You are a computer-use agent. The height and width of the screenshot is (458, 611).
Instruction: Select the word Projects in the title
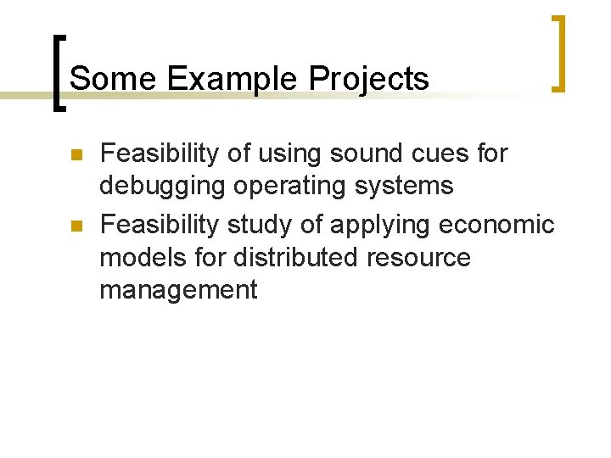369,79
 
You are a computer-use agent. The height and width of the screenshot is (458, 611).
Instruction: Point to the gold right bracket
558,53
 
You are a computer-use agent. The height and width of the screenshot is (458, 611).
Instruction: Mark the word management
178,290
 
